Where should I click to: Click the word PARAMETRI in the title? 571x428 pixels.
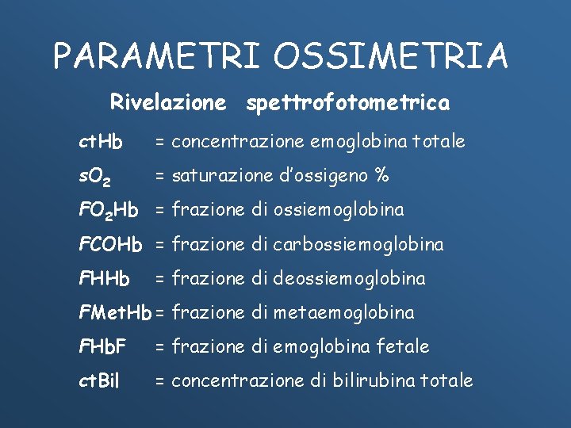[x=157, y=55]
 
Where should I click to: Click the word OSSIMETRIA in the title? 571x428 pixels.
[x=392, y=55]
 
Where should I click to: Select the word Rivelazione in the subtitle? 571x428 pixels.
[x=167, y=102]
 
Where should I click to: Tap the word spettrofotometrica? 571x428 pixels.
[x=347, y=103]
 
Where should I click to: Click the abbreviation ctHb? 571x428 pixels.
[x=101, y=142]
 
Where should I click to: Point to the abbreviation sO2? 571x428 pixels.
[x=99, y=176]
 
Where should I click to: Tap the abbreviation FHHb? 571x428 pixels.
[x=104, y=278]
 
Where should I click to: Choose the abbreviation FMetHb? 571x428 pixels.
[x=115, y=312]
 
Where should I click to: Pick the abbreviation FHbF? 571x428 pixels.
[x=103, y=346]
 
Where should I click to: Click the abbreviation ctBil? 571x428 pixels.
[x=99, y=380]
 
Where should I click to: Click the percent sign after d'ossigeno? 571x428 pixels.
[x=381, y=175]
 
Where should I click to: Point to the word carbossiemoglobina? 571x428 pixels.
[x=358, y=244]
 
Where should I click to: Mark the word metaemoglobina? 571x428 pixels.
[x=343, y=312]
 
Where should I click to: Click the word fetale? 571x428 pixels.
[x=405, y=346]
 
